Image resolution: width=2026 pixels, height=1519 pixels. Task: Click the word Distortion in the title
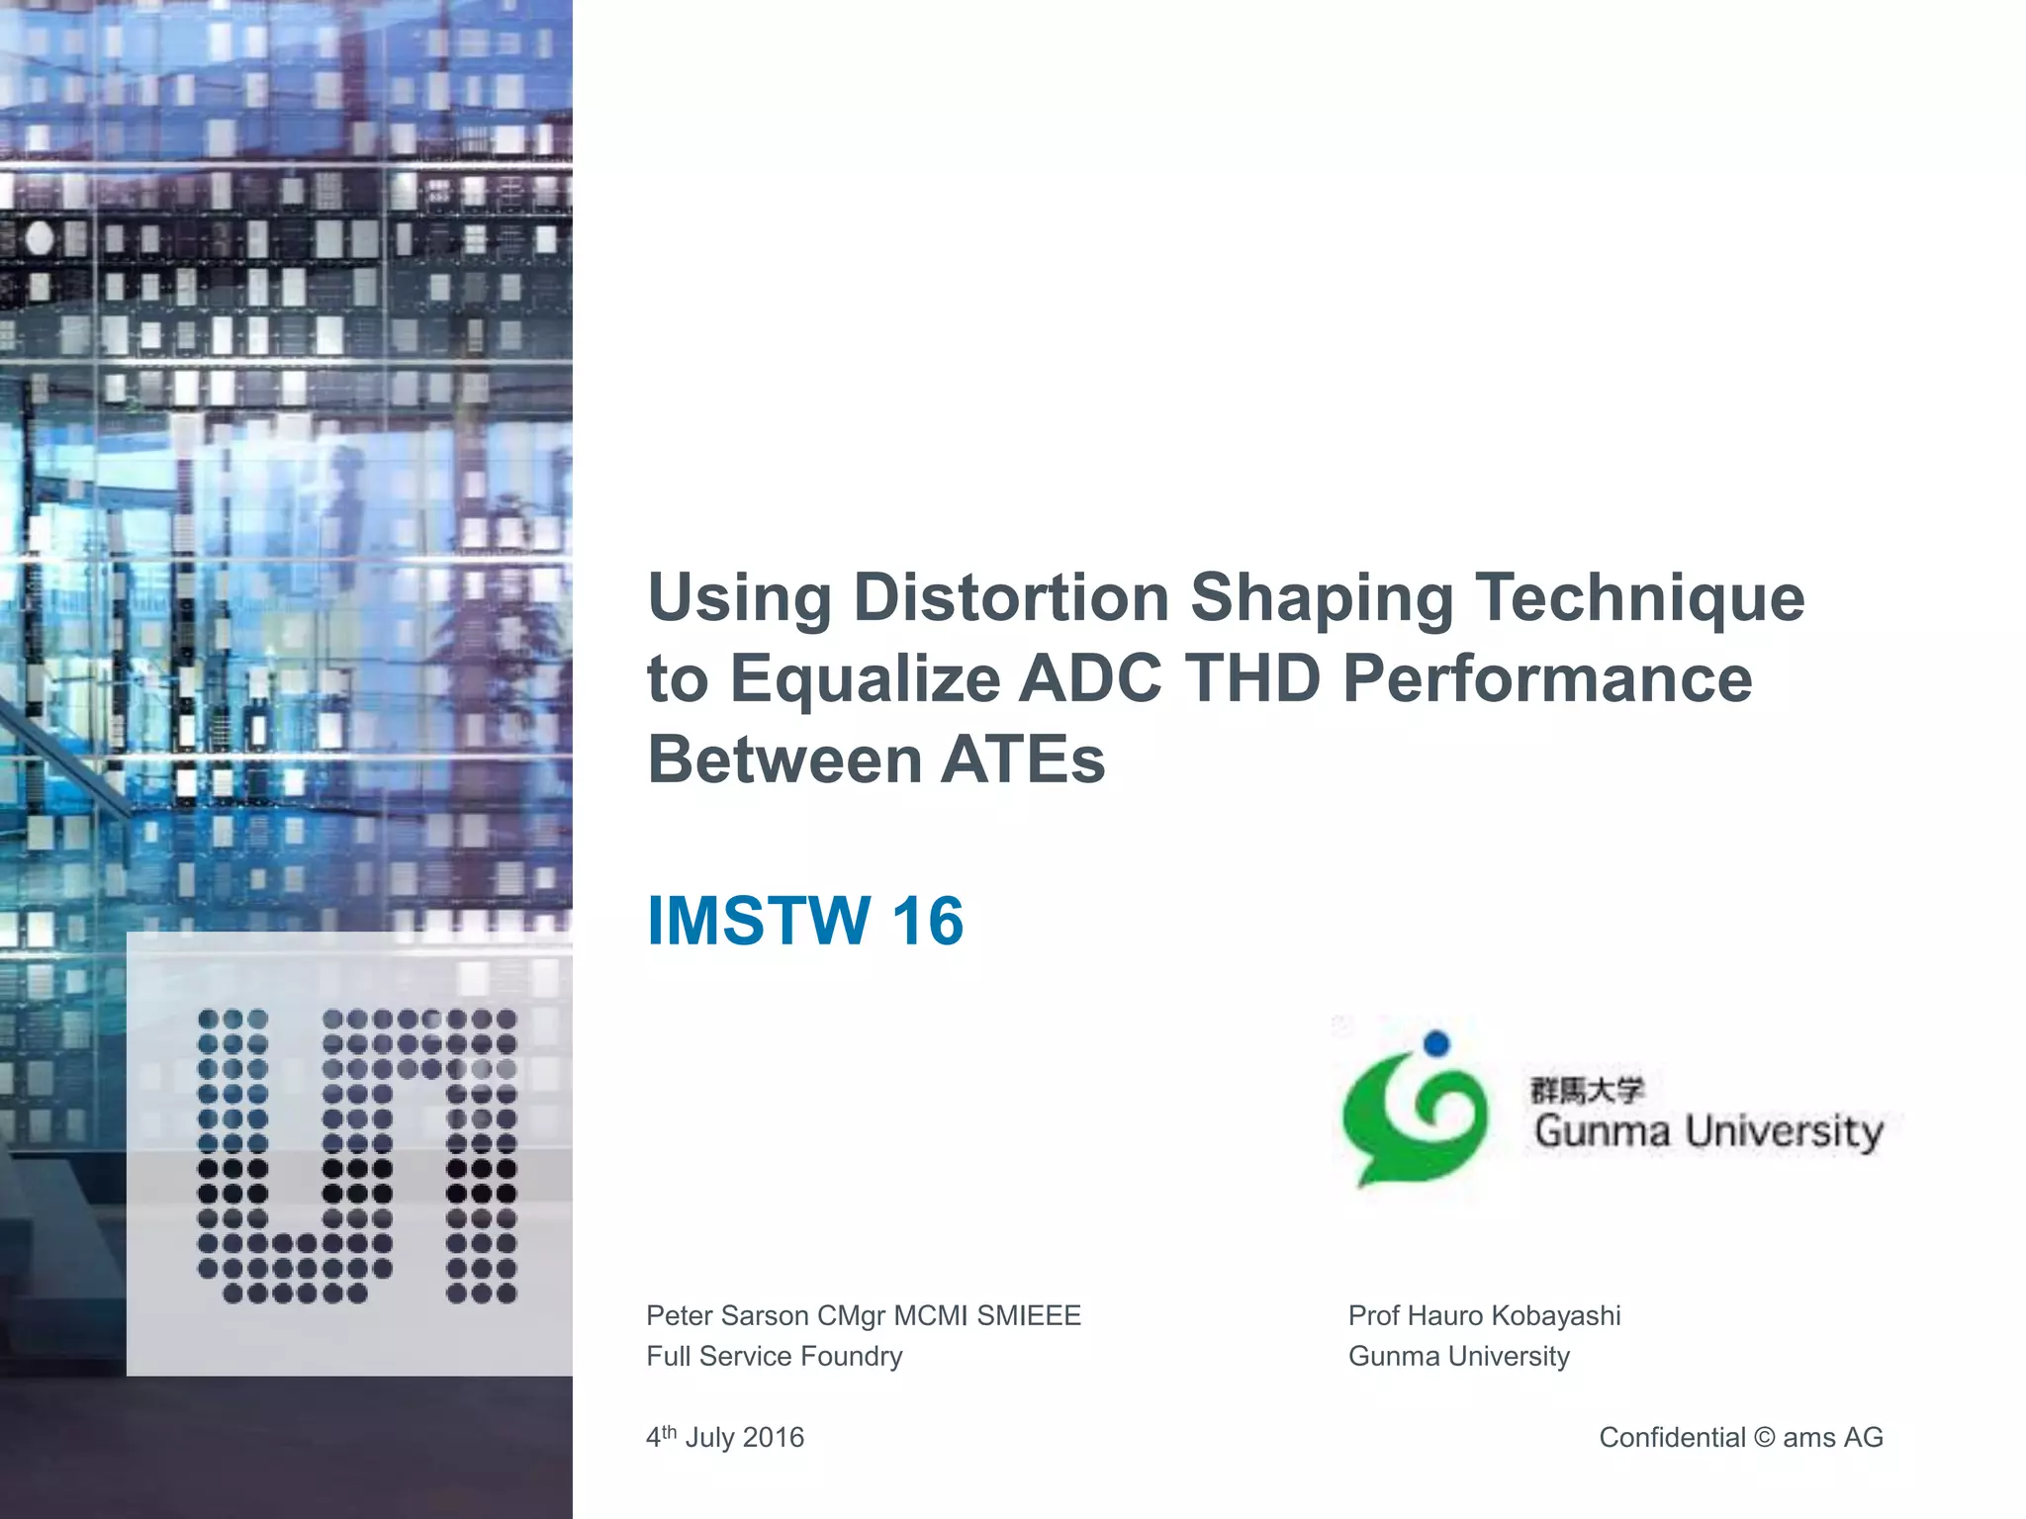coord(1011,597)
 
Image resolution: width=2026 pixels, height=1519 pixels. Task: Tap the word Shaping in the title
coord(1322,599)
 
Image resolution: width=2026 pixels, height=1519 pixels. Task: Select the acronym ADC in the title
coord(1090,679)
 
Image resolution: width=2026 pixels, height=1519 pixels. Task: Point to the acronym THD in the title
coord(1252,679)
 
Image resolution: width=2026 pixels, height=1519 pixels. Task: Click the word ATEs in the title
coord(1023,760)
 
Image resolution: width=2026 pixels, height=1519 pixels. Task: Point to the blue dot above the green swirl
coord(1435,1043)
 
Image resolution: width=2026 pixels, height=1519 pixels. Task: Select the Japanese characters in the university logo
coord(1587,1090)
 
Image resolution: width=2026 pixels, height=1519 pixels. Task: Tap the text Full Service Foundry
coord(775,1357)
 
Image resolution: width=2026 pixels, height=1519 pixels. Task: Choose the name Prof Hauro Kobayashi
coord(1484,1316)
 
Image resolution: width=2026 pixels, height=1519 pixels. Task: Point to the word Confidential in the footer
coord(1672,1438)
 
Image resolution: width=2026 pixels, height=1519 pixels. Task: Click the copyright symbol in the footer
coord(1764,1438)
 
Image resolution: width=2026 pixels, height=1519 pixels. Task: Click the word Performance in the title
coord(1547,679)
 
